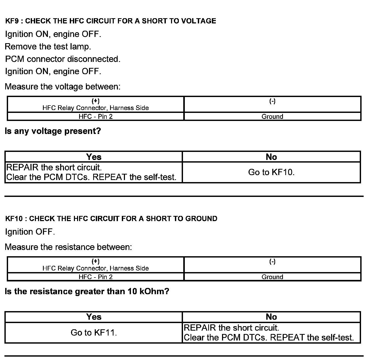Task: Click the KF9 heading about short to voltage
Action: click(111, 21)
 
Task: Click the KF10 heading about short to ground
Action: click(111, 218)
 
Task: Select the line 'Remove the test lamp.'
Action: click(48, 47)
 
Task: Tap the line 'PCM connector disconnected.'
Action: click(63, 59)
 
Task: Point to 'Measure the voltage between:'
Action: click(63, 87)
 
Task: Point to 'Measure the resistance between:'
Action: click(68, 247)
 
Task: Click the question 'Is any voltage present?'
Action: click(53, 131)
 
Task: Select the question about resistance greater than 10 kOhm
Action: click(87, 291)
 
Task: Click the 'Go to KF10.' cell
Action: click(271, 172)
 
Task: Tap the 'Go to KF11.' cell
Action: click(94, 332)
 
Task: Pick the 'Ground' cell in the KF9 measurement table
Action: click(272, 117)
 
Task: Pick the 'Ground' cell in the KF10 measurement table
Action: click(272, 277)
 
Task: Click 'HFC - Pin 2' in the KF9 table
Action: click(96, 117)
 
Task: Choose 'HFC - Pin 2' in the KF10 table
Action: click(96, 277)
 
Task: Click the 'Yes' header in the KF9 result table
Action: click(94, 157)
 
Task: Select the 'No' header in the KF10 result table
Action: click(271, 317)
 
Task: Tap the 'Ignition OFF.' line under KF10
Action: click(30, 232)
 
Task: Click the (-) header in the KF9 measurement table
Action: click(272, 101)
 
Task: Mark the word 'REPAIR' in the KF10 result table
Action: click(200, 328)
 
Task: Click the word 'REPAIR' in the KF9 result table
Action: click(22, 167)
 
